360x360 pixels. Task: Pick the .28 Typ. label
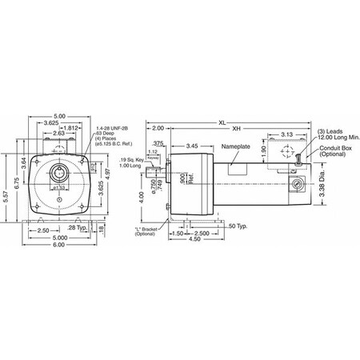click(74, 250)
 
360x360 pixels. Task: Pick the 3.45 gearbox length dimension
click(192, 146)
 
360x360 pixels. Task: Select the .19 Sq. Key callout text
click(131, 162)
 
